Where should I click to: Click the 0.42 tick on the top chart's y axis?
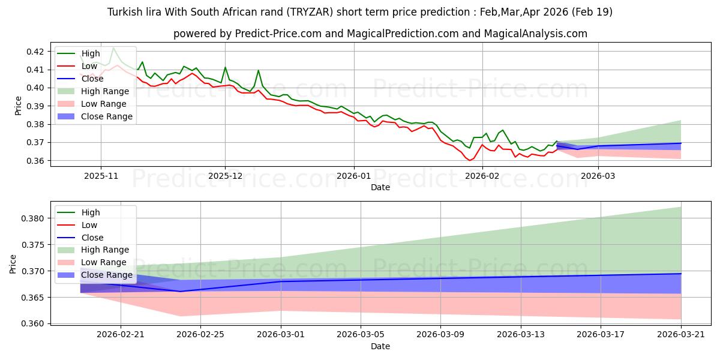point(35,52)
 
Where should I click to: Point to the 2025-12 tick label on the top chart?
point(225,176)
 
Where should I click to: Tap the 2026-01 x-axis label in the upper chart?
point(353,176)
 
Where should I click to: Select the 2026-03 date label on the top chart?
point(598,176)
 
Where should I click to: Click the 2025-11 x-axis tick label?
point(101,176)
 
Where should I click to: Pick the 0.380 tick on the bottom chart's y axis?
point(32,218)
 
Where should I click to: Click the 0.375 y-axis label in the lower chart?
point(32,245)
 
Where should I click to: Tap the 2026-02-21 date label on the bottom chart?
point(121,335)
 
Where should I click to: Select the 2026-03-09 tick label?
point(440,335)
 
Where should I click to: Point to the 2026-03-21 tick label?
point(681,335)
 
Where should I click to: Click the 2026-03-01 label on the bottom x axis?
point(281,335)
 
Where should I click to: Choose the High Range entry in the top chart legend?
point(93,91)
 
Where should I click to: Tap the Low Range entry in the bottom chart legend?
point(92,262)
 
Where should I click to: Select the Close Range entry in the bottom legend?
point(95,275)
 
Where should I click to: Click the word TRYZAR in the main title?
point(310,12)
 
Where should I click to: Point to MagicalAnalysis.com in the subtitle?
point(535,34)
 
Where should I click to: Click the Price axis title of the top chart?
point(18,106)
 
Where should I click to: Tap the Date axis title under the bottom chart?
point(380,346)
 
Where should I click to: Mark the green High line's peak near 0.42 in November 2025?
point(113,48)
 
